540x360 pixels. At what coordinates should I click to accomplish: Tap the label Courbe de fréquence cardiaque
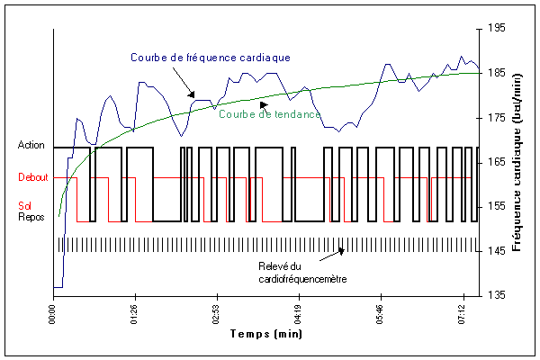[x=210, y=57]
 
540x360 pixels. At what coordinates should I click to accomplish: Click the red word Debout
[x=32, y=177]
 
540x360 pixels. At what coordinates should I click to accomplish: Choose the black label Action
[x=32, y=145]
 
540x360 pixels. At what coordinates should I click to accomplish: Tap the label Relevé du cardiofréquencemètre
[x=296, y=273]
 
